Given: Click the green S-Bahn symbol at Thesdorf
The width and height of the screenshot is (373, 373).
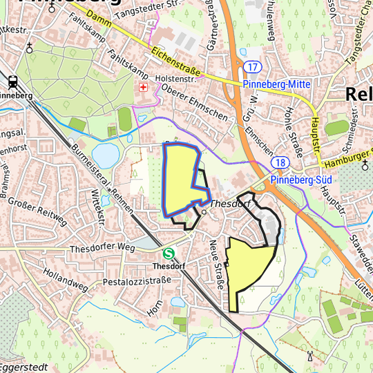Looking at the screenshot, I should point(169,254).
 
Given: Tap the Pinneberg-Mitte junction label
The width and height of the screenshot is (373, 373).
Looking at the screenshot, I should point(277,84).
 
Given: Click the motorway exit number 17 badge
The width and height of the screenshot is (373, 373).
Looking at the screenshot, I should point(253,66).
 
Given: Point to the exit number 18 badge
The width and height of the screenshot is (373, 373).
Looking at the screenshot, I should point(279,162).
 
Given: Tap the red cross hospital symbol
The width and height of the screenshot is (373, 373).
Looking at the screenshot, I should point(144,88).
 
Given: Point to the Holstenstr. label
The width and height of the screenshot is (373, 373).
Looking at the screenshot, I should point(176,79).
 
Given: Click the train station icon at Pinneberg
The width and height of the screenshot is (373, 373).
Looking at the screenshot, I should point(13,80).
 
